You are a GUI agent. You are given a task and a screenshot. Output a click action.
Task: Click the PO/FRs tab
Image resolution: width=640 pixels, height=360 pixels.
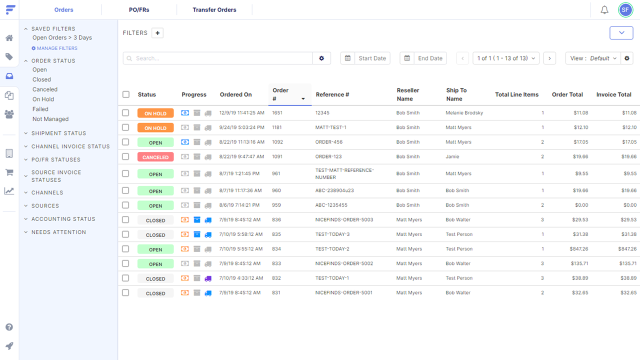(x=139, y=9)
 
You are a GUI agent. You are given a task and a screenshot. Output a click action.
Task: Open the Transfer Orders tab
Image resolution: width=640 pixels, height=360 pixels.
(x=214, y=9)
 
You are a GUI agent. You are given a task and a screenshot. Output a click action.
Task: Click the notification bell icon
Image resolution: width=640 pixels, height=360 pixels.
(x=604, y=9)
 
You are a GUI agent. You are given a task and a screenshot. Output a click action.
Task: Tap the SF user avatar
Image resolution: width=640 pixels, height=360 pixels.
(x=625, y=9)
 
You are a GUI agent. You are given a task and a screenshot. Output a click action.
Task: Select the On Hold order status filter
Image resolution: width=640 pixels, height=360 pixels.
(x=43, y=99)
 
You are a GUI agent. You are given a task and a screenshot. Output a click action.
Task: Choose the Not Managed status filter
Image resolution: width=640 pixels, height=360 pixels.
(x=50, y=119)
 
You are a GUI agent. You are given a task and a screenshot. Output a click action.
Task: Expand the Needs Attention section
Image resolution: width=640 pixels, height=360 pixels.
(x=58, y=232)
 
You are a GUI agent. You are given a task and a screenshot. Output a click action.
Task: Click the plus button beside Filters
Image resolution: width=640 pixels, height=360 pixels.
(x=157, y=33)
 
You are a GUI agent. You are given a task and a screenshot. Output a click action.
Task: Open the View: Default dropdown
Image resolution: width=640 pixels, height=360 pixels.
(x=593, y=58)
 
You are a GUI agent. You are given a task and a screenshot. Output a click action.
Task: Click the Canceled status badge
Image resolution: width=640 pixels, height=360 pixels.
(x=155, y=157)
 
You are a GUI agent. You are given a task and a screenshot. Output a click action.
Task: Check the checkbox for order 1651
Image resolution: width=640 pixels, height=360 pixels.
(x=126, y=113)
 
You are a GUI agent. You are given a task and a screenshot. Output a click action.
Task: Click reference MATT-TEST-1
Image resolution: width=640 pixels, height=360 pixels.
(x=330, y=127)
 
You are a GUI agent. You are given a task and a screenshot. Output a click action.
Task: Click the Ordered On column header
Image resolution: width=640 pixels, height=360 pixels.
(x=235, y=94)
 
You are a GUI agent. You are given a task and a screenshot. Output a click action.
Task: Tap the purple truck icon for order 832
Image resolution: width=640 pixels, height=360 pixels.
(x=208, y=278)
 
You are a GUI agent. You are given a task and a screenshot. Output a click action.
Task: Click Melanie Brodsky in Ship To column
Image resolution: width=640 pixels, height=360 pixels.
(x=464, y=113)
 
